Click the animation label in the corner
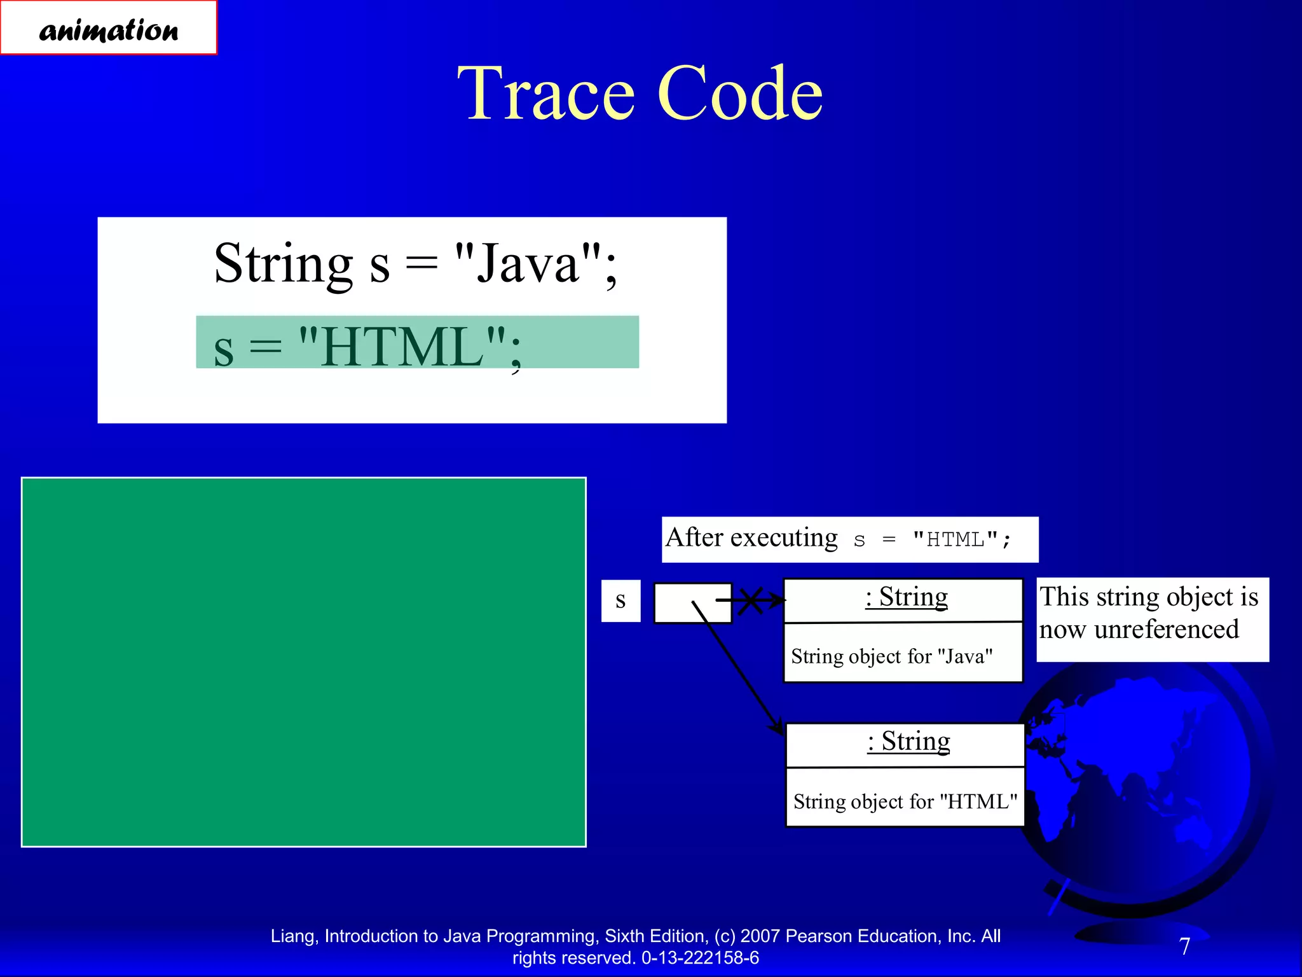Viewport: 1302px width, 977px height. (109, 29)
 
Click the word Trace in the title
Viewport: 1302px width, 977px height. (546, 94)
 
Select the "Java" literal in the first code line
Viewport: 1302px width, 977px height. (528, 264)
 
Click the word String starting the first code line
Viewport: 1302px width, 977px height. (283, 264)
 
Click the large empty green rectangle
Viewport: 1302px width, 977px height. (303, 662)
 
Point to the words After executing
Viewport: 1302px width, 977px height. (751, 538)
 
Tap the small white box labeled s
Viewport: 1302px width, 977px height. (620, 600)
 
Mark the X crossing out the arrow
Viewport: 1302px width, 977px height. (750, 600)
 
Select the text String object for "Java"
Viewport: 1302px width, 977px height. (891, 656)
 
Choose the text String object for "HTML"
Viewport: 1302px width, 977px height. (905, 801)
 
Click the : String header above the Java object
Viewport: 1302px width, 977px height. (906, 597)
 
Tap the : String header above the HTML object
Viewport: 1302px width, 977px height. (908, 742)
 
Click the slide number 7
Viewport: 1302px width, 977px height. (1184, 946)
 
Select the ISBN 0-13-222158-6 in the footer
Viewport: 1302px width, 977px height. (700, 958)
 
